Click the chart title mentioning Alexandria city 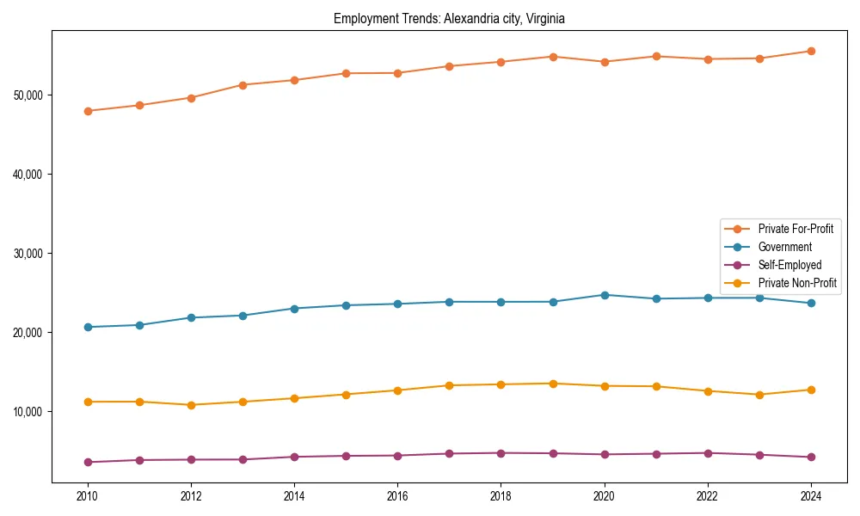(x=449, y=18)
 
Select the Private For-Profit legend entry (x=795, y=229)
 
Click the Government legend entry (x=784, y=247)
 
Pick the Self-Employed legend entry (x=789, y=265)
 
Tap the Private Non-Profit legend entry (x=797, y=283)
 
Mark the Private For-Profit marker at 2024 (x=811, y=51)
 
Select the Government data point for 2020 (x=605, y=295)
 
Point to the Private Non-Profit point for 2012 (x=191, y=405)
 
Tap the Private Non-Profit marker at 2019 (x=553, y=384)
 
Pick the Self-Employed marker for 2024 (x=811, y=457)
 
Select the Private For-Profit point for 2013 (x=243, y=85)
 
